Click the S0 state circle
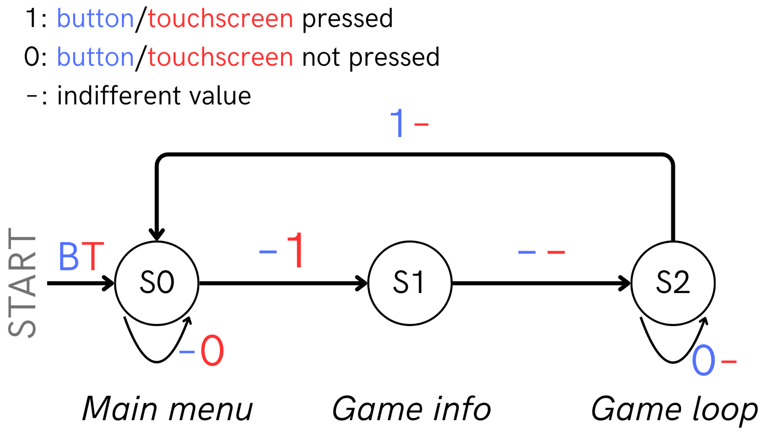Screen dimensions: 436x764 coord(156,283)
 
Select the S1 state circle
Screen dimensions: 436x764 coord(409,283)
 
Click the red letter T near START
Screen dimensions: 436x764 coord(93,256)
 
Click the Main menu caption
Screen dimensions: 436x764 coord(168,409)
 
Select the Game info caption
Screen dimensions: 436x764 coord(411,409)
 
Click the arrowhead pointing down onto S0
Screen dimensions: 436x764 coord(156,234)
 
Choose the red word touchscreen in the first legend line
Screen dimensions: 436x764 coord(220,19)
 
